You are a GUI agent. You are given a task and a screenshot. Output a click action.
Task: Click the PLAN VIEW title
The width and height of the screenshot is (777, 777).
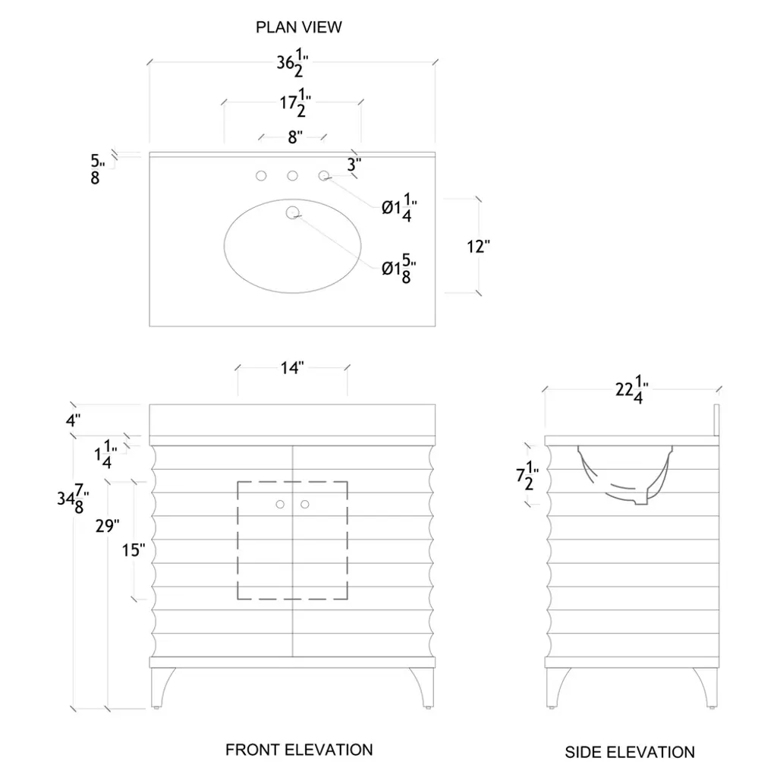(299, 28)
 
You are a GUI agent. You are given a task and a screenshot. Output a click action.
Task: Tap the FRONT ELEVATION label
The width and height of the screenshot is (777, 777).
(299, 750)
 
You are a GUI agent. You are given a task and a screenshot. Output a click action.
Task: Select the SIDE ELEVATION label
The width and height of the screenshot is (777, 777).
(630, 752)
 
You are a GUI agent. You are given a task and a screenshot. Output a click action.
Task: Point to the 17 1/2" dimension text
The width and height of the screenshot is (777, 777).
(293, 105)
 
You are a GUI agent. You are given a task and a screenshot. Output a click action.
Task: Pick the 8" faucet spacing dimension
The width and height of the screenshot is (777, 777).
(293, 137)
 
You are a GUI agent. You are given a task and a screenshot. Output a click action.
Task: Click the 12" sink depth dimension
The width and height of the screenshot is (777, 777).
(479, 247)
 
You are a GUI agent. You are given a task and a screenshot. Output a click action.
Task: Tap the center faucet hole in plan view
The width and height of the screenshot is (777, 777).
(292, 176)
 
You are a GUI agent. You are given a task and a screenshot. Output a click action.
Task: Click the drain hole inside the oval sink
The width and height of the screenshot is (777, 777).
(292, 212)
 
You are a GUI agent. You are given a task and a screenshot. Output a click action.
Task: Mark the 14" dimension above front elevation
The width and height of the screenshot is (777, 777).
(292, 368)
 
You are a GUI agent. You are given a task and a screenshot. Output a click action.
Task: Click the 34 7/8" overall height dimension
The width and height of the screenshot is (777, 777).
(73, 500)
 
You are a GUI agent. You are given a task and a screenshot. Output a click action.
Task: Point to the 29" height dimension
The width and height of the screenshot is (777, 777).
(109, 525)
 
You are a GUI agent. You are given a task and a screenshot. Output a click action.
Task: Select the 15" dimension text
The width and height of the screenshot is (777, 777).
(134, 549)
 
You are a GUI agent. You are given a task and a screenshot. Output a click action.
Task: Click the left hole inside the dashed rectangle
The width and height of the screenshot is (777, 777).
(280, 503)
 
